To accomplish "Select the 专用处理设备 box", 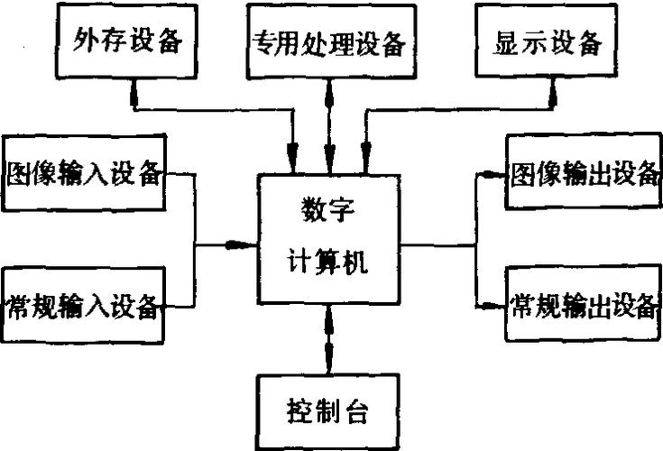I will (328, 41).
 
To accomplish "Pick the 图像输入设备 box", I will (85, 172).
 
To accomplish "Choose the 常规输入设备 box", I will (85, 306).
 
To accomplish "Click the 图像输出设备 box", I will (582, 173).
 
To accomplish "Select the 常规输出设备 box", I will (582, 305).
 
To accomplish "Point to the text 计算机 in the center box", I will (328, 264).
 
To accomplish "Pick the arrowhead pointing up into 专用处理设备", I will (328, 87).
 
